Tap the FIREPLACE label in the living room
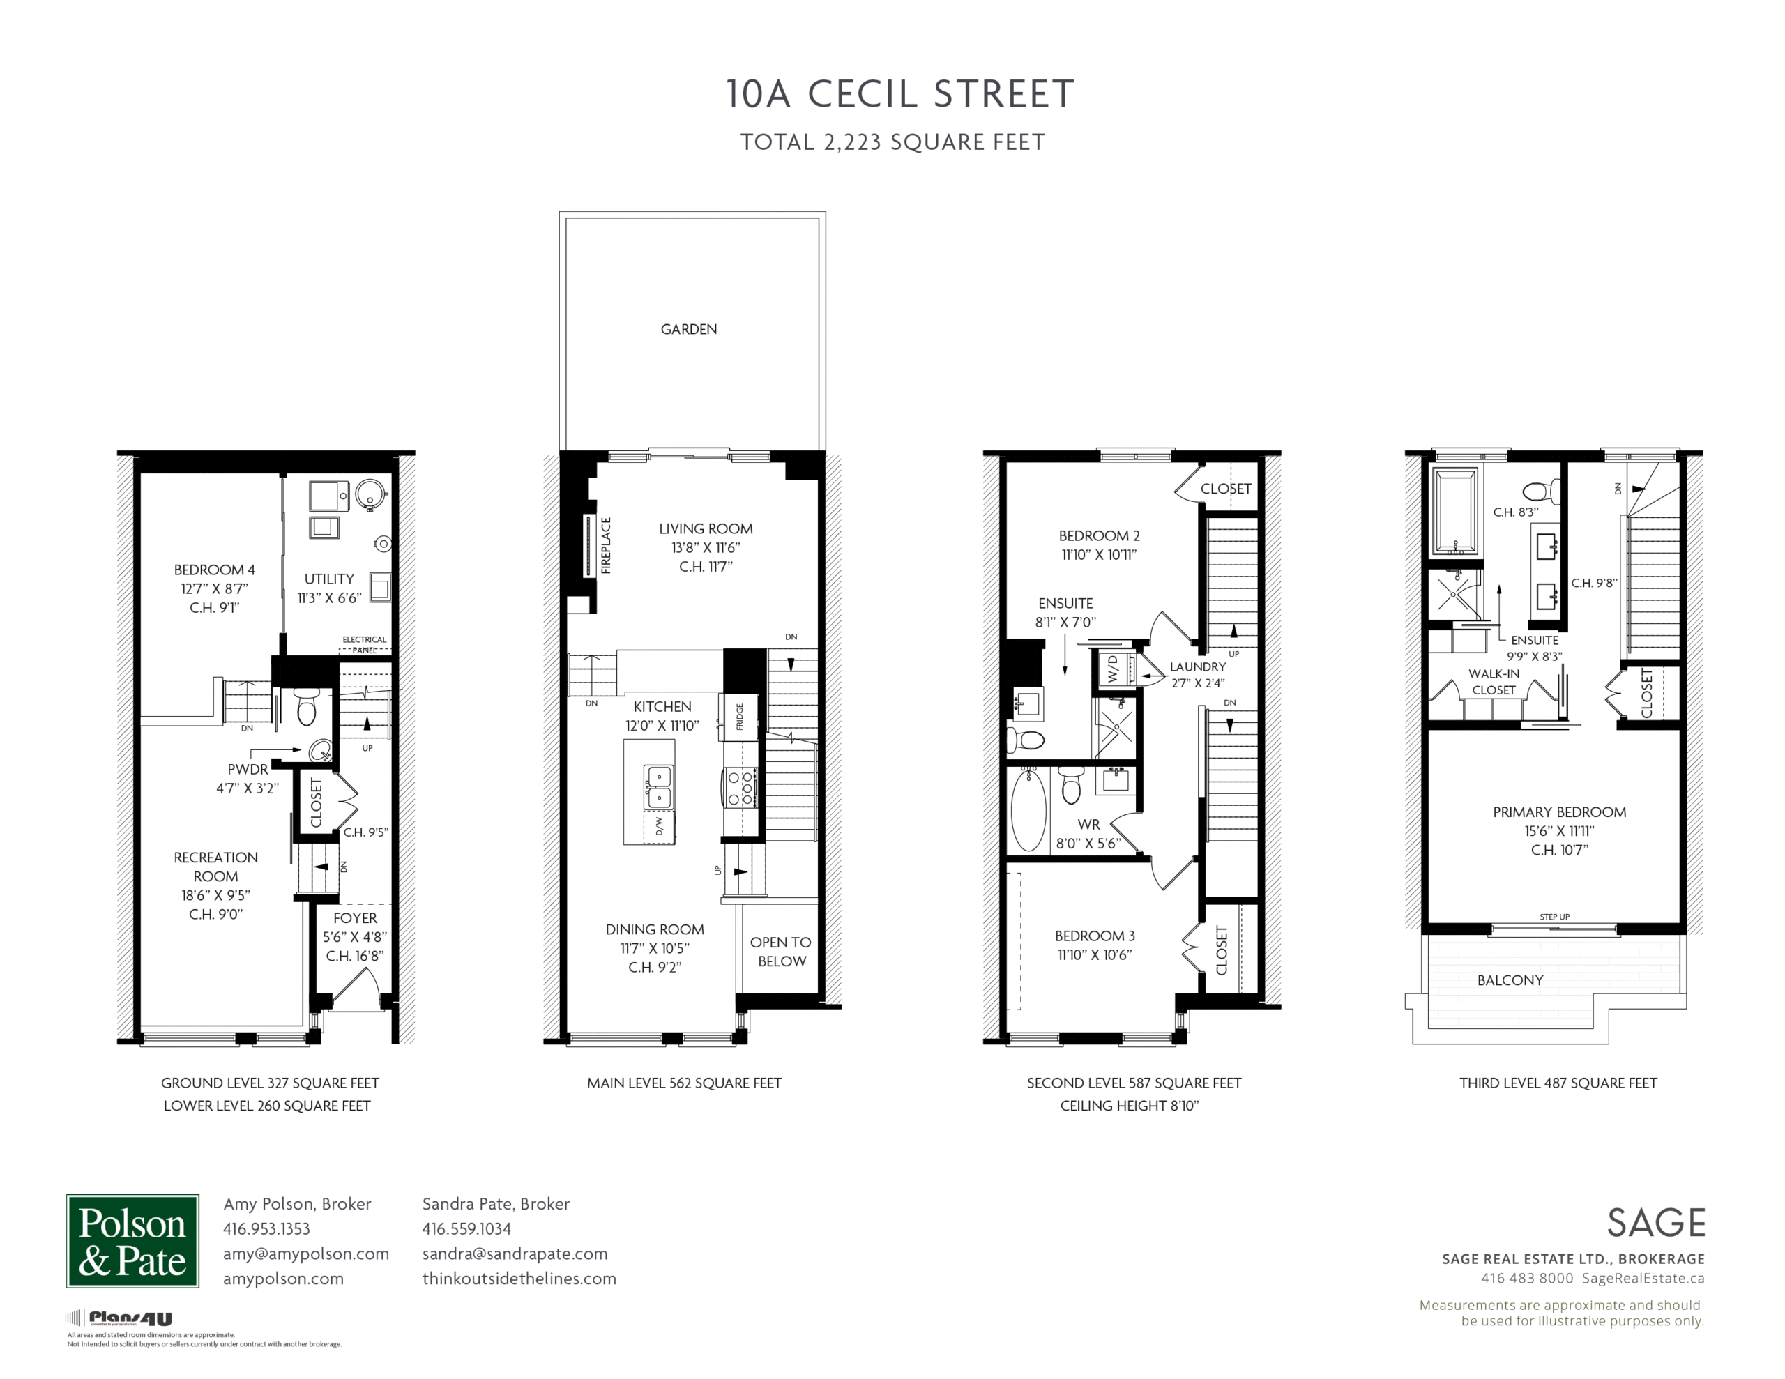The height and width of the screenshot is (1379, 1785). pos(607,545)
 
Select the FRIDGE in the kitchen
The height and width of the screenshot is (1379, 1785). pos(739,717)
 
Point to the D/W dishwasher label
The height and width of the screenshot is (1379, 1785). pos(660,826)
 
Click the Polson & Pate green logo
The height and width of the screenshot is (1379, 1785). pos(132,1241)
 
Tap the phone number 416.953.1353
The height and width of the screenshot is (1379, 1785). pos(266,1228)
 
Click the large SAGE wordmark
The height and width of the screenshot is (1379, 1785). pos(1656,1223)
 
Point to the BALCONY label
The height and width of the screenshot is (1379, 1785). pos(1510,980)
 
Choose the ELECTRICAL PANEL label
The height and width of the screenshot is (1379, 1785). pos(365,645)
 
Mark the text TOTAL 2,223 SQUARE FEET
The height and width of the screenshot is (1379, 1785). pos(892,142)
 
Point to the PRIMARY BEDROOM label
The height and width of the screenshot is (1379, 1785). pos(1559,812)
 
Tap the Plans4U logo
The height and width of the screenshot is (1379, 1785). pos(119,1318)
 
